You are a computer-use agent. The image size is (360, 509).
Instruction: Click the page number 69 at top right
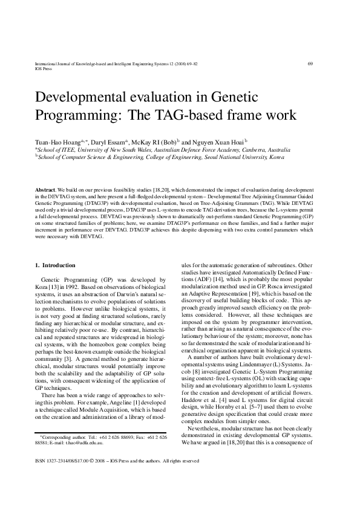click(x=310, y=63)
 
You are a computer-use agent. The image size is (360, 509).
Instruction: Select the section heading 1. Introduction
click(x=55, y=265)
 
